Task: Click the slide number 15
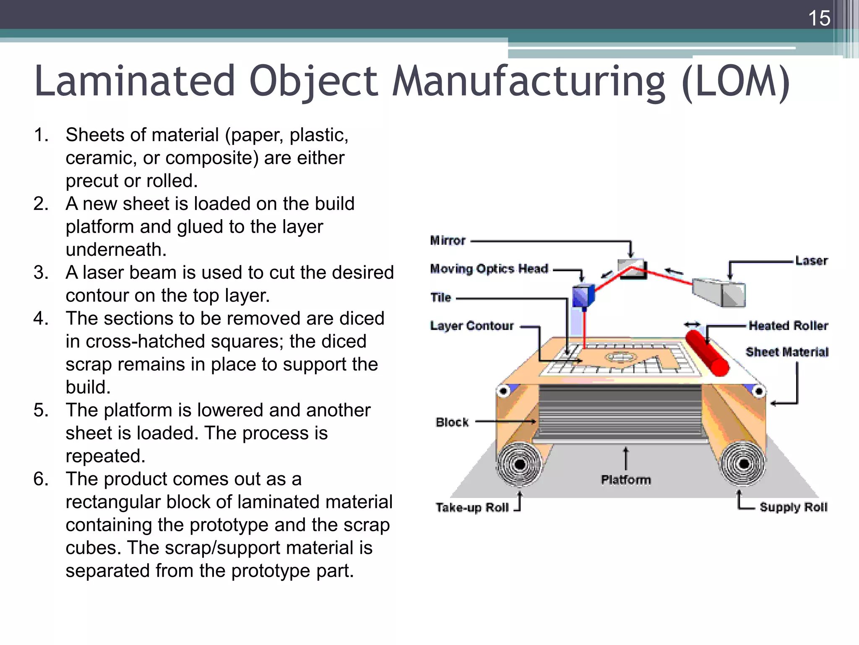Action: click(819, 18)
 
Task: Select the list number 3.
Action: click(41, 273)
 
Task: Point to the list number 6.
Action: click(41, 479)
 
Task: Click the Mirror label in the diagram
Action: click(448, 241)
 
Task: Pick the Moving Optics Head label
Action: click(489, 269)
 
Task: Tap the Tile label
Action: click(440, 297)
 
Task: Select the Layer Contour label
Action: click(472, 326)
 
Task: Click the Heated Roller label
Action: click(788, 325)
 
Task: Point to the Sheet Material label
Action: click(787, 352)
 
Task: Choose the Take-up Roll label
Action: click(472, 508)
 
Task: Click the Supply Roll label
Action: click(793, 507)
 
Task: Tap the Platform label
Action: click(626, 480)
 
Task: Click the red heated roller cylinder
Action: click(707, 353)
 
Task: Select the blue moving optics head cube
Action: click(583, 296)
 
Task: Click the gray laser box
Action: click(718, 292)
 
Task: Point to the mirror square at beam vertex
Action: click(632, 269)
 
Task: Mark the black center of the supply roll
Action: click(744, 464)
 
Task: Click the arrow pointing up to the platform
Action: click(626, 459)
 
